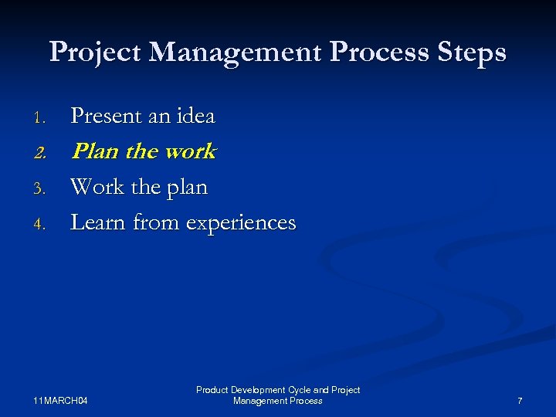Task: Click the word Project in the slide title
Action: [95, 53]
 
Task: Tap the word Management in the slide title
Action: [238, 53]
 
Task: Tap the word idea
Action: [195, 117]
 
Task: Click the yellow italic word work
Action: [189, 151]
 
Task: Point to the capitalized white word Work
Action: [97, 187]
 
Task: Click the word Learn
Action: [99, 222]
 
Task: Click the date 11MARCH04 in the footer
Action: [61, 401]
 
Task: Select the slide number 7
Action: [520, 401]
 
